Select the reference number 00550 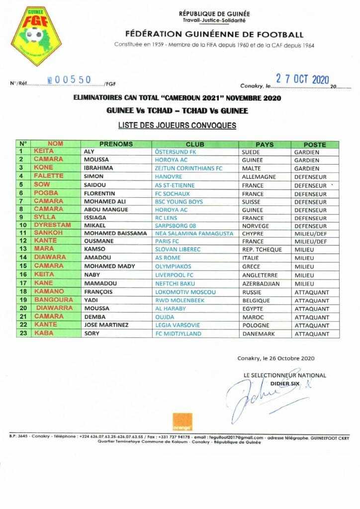[74, 79]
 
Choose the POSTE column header [315, 145]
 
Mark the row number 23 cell [22, 334]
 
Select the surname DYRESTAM [52, 225]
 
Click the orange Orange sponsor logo [182, 422]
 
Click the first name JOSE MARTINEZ [106, 325]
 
